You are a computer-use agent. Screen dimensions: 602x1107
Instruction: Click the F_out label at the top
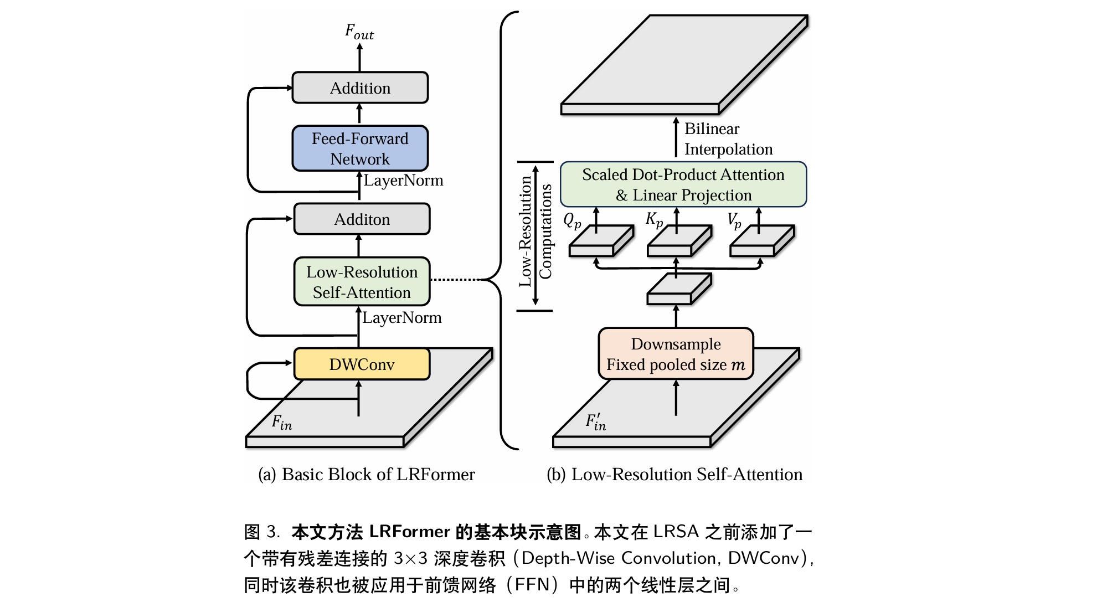(x=359, y=32)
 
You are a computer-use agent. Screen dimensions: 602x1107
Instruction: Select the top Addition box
(x=360, y=88)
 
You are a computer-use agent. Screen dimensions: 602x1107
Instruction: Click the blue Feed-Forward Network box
(x=360, y=148)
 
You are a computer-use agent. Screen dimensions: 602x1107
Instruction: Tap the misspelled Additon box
(x=362, y=219)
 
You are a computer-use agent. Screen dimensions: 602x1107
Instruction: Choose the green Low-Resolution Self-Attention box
(x=362, y=282)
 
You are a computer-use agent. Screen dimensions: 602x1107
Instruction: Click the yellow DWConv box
(x=362, y=364)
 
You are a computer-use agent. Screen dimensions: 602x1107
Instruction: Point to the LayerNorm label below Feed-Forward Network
(x=403, y=181)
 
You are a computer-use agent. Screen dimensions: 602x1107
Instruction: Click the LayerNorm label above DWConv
(x=402, y=318)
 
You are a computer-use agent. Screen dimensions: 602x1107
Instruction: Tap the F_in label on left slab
(x=281, y=423)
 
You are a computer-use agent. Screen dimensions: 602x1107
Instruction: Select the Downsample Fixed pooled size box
(x=676, y=354)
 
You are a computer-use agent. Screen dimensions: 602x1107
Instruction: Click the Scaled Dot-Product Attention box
(x=683, y=184)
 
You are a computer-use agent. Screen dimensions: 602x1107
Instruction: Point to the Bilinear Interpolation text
(x=728, y=139)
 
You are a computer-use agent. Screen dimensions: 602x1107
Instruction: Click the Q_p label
(x=572, y=221)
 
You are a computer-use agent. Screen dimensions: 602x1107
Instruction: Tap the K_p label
(x=654, y=220)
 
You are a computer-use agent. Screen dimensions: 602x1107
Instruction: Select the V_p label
(x=734, y=221)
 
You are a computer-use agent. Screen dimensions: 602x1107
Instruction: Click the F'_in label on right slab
(x=596, y=423)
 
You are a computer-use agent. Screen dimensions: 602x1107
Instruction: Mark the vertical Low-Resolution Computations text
(x=535, y=232)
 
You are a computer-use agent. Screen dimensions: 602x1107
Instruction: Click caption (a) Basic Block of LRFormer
(x=366, y=475)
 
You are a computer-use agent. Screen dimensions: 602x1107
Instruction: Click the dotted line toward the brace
(x=457, y=280)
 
